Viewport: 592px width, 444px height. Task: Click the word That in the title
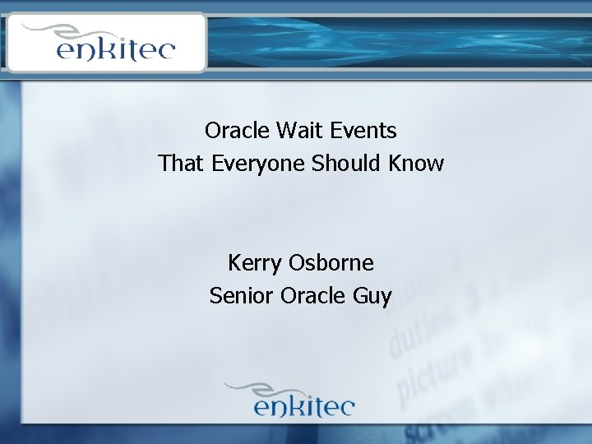click(x=182, y=164)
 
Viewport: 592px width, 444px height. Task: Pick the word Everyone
click(x=258, y=164)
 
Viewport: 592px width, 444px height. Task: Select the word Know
click(x=418, y=164)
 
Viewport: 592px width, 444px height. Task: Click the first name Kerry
click(x=255, y=263)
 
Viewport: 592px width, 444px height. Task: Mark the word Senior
click(x=242, y=295)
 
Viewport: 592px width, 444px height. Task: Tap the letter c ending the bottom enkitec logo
click(x=345, y=407)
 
